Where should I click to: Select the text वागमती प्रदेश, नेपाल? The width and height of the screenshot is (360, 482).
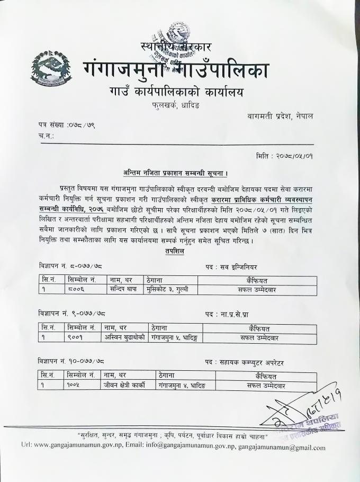pyautogui.click(x=280, y=116)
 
